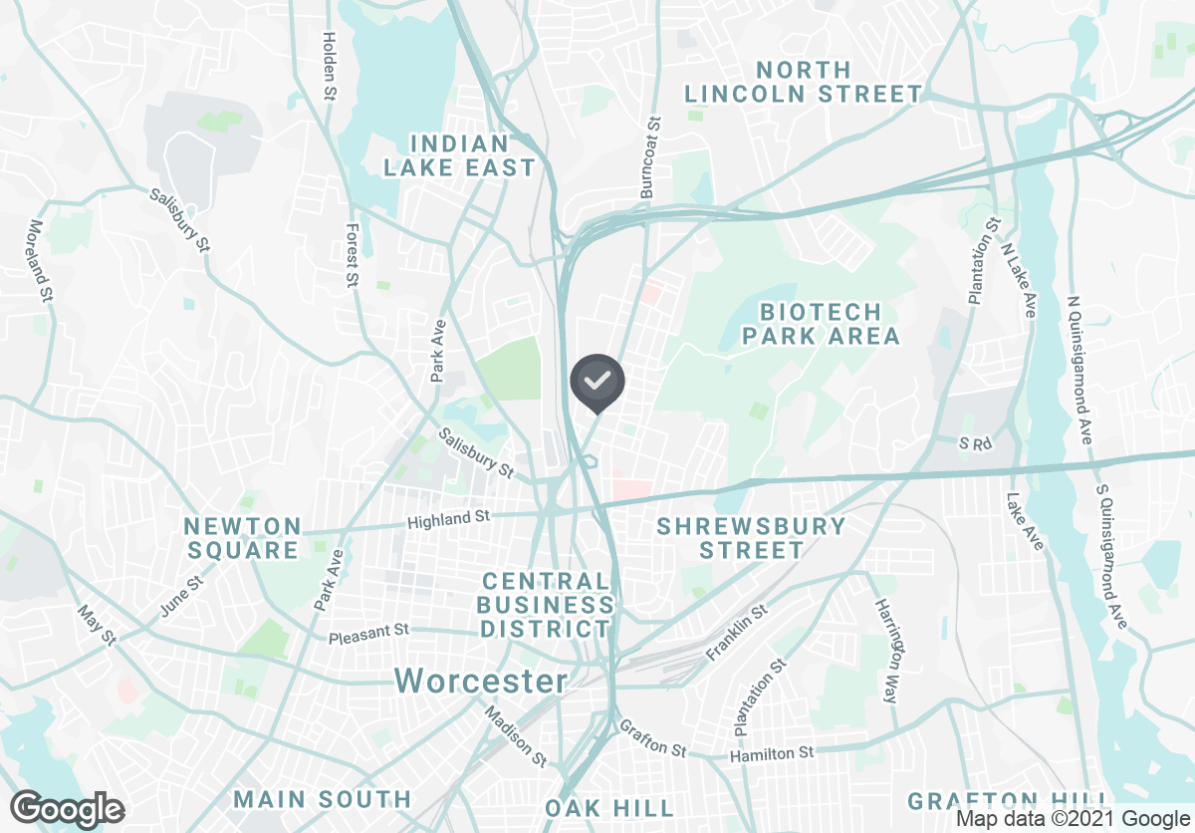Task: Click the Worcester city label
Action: pos(481,682)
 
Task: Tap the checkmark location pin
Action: pos(597,382)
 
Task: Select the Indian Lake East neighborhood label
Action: pos(460,156)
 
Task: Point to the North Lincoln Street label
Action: pos(803,83)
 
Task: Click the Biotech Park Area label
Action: pos(821,324)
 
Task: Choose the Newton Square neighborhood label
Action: pos(242,538)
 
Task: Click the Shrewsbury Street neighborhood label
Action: pos(752,538)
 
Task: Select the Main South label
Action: pos(322,799)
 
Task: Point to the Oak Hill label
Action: pos(609,807)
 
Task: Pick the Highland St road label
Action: pos(449,518)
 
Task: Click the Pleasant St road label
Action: pos(369,632)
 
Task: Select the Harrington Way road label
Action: pos(887,652)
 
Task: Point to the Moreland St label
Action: pos(41,260)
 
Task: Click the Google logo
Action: pos(68,808)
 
